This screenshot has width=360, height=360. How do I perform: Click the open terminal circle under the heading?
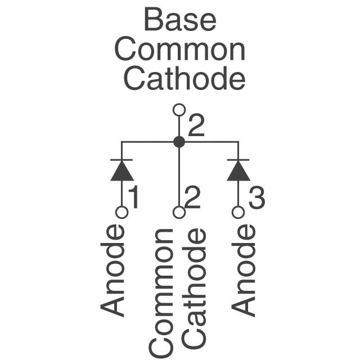[179, 110]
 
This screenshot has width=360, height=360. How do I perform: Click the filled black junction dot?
[179, 142]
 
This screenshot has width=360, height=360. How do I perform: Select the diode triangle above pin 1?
[121, 172]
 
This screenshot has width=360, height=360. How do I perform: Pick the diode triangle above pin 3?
[238, 172]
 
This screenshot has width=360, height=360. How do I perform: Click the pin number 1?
[134, 198]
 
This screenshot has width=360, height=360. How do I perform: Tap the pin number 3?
[256, 198]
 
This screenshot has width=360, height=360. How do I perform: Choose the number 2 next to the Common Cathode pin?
[192, 198]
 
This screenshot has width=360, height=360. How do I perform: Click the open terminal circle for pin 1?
[121, 212]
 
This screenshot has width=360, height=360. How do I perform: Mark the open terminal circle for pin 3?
[238, 212]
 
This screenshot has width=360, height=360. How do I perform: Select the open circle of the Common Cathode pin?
[179, 212]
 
